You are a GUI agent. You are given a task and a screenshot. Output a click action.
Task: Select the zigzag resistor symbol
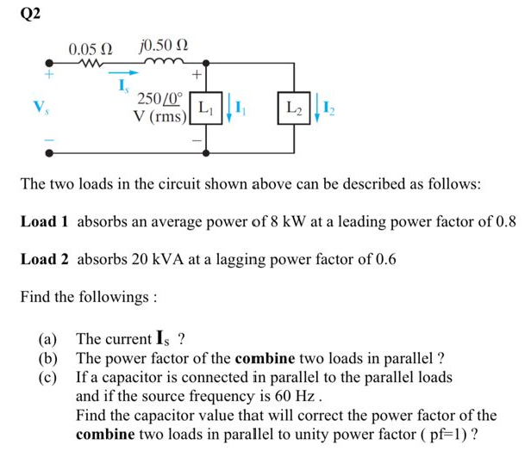[89, 63]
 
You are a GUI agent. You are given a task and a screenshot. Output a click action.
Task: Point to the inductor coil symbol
[164, 63]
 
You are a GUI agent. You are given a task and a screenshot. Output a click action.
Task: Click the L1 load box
[206, 109]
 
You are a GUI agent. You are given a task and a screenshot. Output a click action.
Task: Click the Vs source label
[37, 108]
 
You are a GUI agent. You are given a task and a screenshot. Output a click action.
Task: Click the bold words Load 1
[45, 222]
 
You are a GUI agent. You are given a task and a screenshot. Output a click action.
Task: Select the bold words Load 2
[45, 259]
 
